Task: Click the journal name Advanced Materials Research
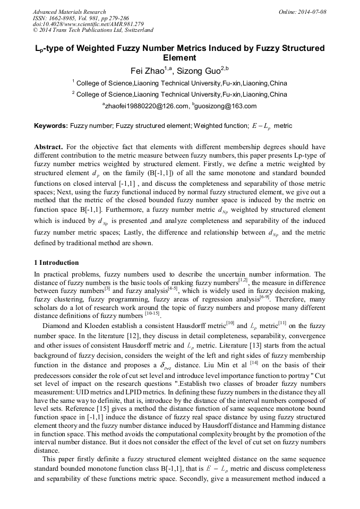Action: coord(69,12)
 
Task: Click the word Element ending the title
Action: coord(179,58)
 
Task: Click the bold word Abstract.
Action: coord(49,146)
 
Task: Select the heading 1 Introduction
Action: coord(56,263)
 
